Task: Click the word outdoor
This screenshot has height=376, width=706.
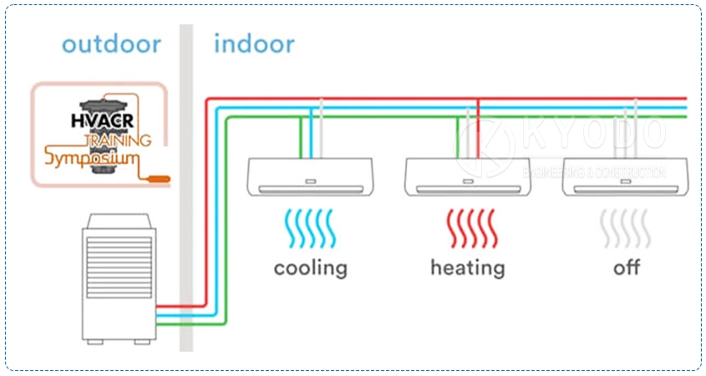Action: tap(111, 43)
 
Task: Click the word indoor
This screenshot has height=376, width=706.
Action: tap(254, 43)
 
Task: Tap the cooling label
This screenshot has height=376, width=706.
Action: tap(310, 267)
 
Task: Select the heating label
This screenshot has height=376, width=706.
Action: tap(467, 267)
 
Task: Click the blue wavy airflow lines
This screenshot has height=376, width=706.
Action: tap(310, 228)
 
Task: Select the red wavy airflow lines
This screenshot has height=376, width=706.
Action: tap(467, 228)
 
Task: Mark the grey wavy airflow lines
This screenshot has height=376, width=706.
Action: tap(626, 228)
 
